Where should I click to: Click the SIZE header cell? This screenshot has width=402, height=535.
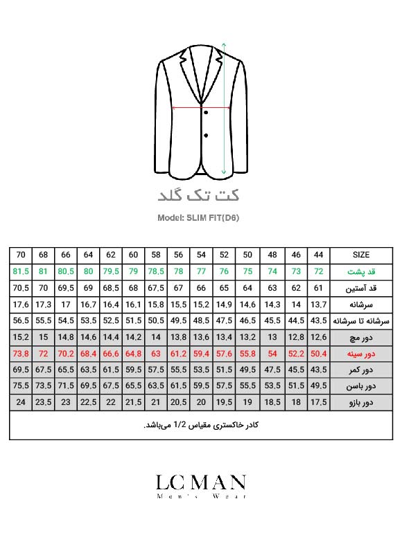click(x=361, y=255)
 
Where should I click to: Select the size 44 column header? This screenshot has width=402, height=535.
click(x=319, y=255)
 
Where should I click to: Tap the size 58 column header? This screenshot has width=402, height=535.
click(x=156, y=255)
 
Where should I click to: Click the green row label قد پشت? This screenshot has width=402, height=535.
click(x=361, y=271)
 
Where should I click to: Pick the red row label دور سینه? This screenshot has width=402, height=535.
click(x=361, y=354)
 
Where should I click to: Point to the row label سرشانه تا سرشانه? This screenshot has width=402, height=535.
click(x=361, y=320)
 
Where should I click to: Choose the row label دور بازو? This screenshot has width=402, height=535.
click(x=361, y=402)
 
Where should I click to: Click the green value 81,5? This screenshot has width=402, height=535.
click(x=21, y=271)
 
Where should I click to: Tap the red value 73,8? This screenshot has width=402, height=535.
click(x=21, y=354)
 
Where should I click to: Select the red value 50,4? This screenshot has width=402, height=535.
click(x=319, y=354)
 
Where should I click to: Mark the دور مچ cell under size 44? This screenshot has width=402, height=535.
click(x=319, y=337)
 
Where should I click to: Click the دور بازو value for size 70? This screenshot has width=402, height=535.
click(x=21, y=402)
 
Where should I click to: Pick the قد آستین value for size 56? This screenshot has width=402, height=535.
click(x=179, y=287)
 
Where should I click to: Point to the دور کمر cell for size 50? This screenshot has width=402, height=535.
click(x=247, y=370)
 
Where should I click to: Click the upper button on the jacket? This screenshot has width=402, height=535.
click(x=206, y=113)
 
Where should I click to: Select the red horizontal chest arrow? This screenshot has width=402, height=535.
click(x=201, y=107)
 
